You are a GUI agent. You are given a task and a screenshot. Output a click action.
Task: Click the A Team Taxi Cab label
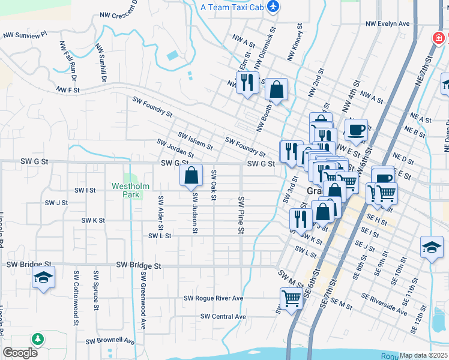coord(233,7)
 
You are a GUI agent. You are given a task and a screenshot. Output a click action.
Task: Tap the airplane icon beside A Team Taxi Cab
coord(274,7)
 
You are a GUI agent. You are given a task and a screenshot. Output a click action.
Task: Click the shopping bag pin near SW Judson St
coord(191,175)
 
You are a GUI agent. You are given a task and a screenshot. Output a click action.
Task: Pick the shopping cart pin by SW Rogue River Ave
coord(291,298)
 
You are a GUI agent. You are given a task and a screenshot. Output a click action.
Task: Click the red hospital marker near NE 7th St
coord(439,38)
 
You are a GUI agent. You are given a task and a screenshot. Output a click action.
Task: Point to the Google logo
coord(20,352)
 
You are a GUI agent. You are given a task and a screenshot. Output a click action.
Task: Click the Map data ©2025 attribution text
coord(424,355)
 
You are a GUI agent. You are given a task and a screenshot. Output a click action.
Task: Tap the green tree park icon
coord(38,340)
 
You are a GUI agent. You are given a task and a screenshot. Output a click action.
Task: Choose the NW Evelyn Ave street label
coord(388,24)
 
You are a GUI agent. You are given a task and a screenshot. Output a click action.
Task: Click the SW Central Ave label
coord(223,316)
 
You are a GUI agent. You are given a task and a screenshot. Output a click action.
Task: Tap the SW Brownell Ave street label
coord(110,341)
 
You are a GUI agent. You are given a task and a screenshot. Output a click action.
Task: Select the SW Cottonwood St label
coord(76,290)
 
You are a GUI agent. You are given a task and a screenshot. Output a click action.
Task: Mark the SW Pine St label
coord(241,215)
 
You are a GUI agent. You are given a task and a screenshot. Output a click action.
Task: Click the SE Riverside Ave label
coord(384,304)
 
